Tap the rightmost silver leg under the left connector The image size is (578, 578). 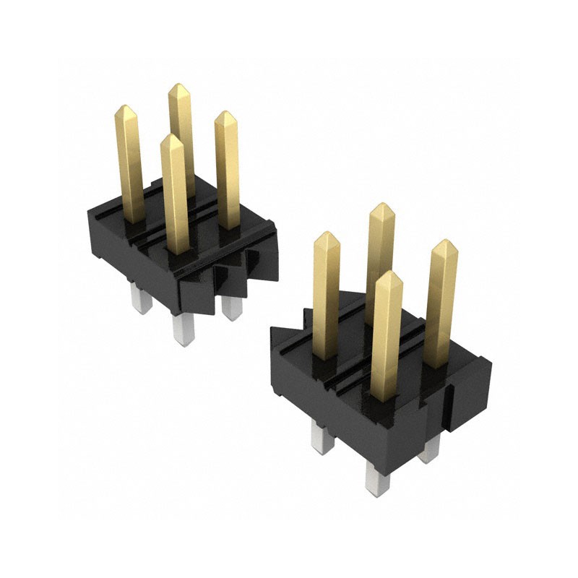point(230,307)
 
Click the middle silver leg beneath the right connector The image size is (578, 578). point(376,477)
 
